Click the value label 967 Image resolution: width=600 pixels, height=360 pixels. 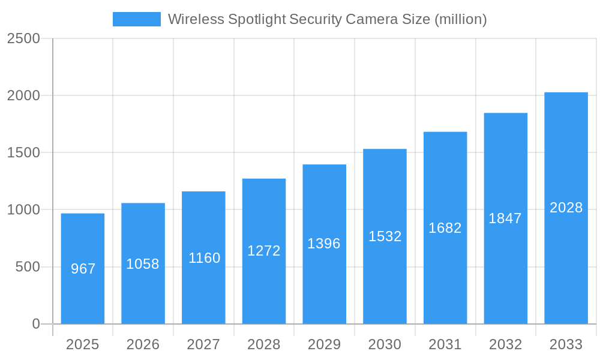[x=83, y=269]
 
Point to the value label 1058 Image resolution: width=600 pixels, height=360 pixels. [x=143, y=264]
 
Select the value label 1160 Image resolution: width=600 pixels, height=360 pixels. [x=204, y=258]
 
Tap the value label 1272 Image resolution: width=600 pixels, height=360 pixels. [x=264, y=251]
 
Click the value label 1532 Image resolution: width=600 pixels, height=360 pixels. [x=385, y=236]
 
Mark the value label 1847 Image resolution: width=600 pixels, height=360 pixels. [x=505, y=218]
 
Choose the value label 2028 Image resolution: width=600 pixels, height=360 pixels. [x=566, y=208]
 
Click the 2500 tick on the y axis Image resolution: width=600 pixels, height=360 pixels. [x=23, y=39]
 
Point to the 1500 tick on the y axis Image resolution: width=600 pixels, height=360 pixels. [x=23, y=153]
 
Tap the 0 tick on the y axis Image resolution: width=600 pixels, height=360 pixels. [x=35, y=324]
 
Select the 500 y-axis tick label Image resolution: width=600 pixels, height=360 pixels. [x=28, y=267]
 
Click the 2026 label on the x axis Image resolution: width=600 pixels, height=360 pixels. [x=143, y=344]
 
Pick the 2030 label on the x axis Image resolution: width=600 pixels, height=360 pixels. [x=385, y=344]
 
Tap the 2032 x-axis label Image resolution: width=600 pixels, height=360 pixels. [x=505, y=344]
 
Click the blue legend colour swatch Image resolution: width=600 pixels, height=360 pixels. [x=137, y=19]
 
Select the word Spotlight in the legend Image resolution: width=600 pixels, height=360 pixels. [x=257, y=19]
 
